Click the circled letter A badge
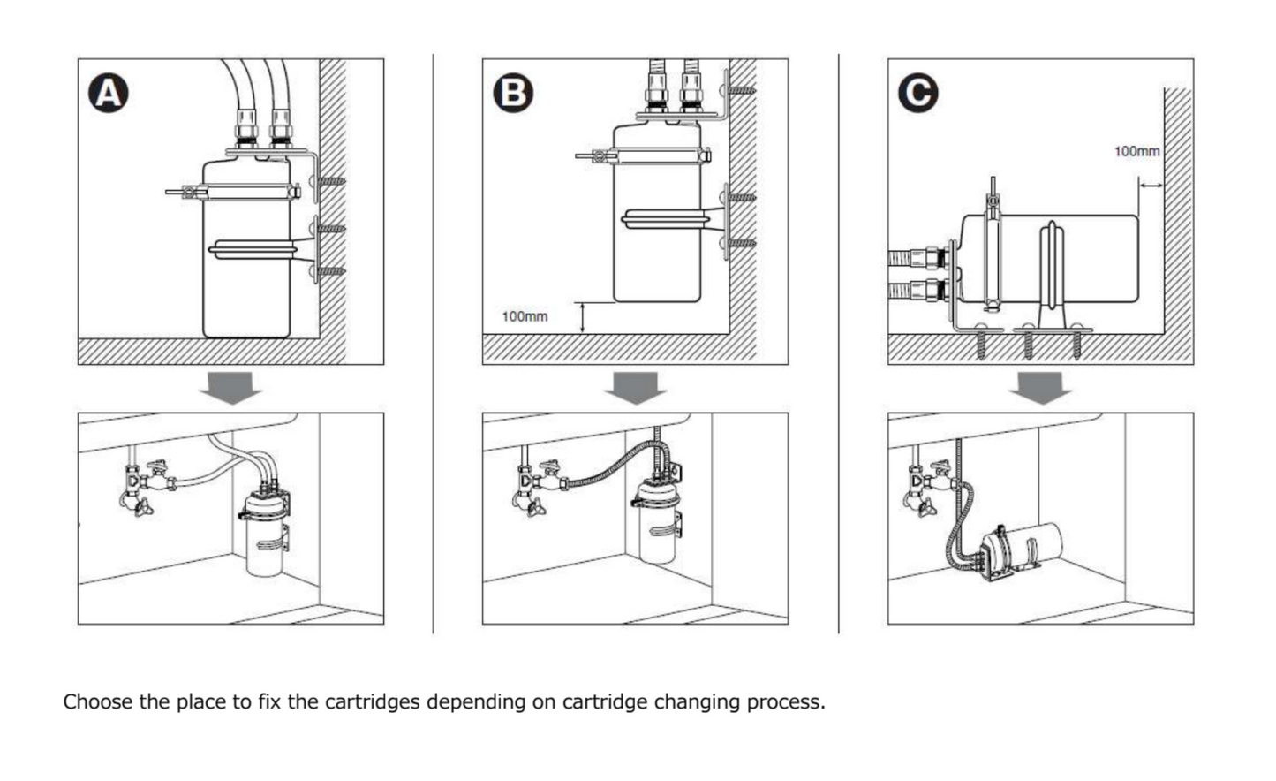pyautogui.click(x=109, y=93)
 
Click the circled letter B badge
pyautogui.click(x=514, y=93)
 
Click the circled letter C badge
pyautogui.click(x=918, y=93)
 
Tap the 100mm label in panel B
pyautogui.click(x=525, y=316)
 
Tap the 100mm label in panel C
pyautogui.click(x=1136, y=151)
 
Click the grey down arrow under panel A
pyautogui.click(x=230, y=387)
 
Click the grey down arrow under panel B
pyautogui.click(x=635, y=387)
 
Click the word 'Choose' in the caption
pyautogui.click(x=97, y=702)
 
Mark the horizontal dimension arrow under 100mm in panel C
pyautogui.click(x=1151, y=185)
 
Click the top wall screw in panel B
pyautogui.click(x=740, y=89)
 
